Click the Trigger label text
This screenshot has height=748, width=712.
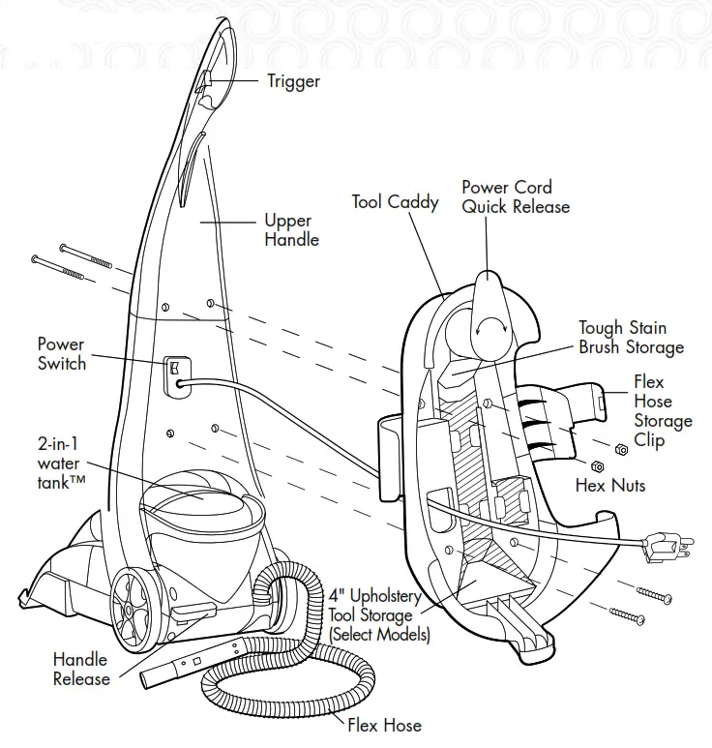point(293,81)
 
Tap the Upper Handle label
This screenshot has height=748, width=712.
point(291,230)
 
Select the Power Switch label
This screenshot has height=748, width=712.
point(62,354)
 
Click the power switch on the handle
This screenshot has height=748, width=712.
point(175,371)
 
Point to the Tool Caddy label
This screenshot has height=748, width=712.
point(395,202)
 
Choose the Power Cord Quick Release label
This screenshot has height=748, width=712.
point(515,196)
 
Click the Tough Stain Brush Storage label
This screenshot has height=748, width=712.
point(631,338)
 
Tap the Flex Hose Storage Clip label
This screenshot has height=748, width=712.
point(663,411)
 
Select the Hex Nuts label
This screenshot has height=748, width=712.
point(610,484)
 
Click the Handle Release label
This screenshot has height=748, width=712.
point(80,669)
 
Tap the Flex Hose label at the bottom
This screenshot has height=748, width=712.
point(385,724)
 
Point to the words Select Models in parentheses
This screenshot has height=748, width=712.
point(379,635)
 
